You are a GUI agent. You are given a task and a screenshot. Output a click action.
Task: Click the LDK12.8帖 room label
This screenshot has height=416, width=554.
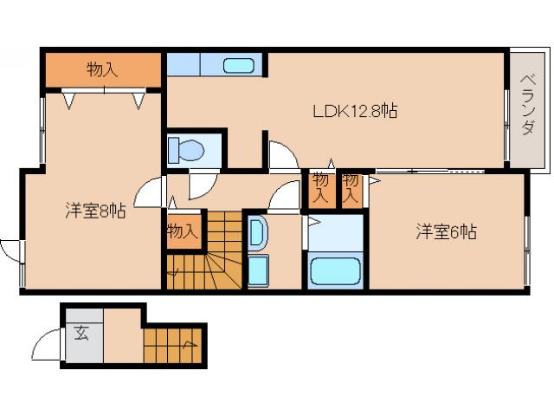[x=354, y=111]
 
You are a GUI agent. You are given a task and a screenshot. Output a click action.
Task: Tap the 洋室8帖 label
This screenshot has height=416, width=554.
[x=95, y=210]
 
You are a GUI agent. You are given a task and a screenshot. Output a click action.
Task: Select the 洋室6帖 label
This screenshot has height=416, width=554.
[x=446, y=231]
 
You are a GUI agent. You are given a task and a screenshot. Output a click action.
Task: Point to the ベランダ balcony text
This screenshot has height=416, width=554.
[x=526, y=105]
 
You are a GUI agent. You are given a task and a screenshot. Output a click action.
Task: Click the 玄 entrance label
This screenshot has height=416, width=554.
[x=81, y=331]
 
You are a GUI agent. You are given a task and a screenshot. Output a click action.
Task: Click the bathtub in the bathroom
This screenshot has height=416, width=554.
[x=335, y=270]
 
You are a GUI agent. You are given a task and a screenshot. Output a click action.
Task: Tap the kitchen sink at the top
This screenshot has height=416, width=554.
[x=238, y=65]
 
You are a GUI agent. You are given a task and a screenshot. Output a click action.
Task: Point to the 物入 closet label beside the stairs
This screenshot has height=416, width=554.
[x=183, y=232]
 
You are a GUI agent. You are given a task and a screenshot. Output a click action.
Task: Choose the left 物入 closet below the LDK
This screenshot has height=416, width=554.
[x=320, y=187]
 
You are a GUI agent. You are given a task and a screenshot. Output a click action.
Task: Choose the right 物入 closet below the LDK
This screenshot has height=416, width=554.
[x=351, y=187]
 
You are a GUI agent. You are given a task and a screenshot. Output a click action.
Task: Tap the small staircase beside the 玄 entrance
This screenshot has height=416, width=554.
[x=173, y=347]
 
